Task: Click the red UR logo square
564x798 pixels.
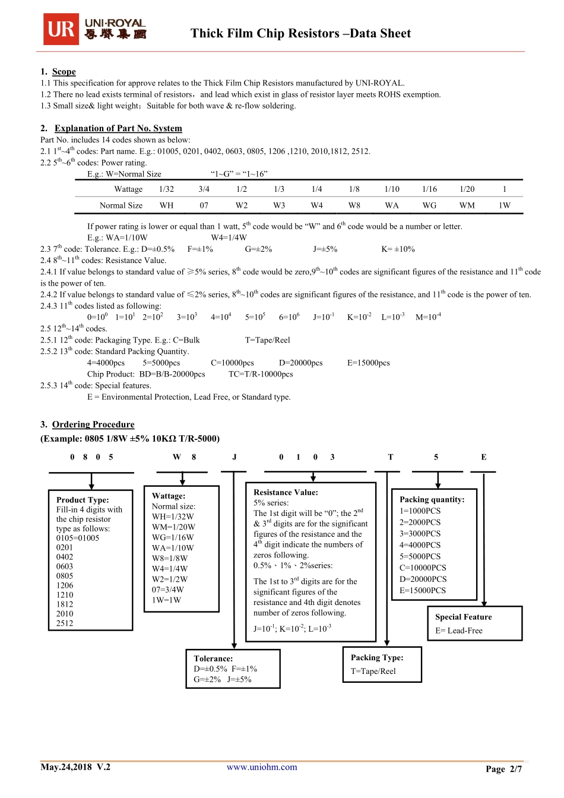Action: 61,29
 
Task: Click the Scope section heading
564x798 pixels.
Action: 64,72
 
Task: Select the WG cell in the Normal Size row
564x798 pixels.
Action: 429,205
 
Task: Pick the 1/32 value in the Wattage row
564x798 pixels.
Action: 166,189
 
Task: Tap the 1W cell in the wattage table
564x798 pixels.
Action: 505,205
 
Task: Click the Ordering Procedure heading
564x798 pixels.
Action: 93,425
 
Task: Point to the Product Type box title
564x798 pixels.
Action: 83,500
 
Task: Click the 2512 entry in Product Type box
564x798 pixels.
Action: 65,623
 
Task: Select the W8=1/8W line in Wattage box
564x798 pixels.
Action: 170,558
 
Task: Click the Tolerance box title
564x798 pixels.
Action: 213,658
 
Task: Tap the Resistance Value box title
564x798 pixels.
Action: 286,492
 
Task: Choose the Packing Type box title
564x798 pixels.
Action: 377,657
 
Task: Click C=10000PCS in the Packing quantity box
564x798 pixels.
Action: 423,568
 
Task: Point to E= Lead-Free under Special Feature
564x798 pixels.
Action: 459,631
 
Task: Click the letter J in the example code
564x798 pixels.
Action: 235,457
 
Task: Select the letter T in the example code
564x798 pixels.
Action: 391,457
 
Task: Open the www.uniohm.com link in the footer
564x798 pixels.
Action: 262,767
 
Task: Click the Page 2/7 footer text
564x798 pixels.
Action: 503,769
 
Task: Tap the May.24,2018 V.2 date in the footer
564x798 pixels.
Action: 75,767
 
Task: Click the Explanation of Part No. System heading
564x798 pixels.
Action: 118,128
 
